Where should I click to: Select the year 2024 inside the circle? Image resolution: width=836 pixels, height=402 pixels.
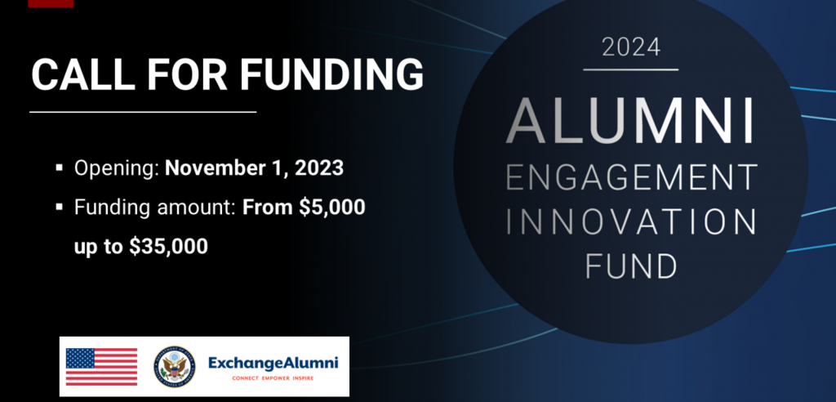pos(631,47)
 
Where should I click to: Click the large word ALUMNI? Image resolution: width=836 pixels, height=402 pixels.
pos(630,121)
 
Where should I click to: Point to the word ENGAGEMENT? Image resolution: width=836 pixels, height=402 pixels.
pos(631,177)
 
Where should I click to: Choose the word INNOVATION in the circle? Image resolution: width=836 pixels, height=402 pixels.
pos(631,221)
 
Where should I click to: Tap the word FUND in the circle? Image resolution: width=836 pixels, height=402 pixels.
pos(631,266)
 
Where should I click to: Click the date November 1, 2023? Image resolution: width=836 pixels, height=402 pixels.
pos(255,168)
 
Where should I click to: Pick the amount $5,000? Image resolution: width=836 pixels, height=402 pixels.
pos(331,208)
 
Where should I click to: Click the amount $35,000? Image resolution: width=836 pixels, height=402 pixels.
pos(168,246)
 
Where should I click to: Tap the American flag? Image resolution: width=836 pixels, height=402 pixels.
pos(101,366)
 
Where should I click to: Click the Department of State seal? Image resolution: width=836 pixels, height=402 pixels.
pos(175,366)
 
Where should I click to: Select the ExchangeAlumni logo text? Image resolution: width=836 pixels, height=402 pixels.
pos(273,363)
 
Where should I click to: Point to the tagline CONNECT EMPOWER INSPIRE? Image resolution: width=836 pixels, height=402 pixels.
pos(273,378)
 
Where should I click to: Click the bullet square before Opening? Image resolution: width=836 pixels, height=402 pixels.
pos(59,168)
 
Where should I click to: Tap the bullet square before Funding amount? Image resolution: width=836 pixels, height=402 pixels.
pos(59,208)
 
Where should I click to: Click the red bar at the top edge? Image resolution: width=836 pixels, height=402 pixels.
pos(51,3)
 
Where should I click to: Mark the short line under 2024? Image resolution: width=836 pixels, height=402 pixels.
pos(631,69)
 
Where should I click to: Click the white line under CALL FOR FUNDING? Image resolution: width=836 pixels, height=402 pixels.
pos(143,112)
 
